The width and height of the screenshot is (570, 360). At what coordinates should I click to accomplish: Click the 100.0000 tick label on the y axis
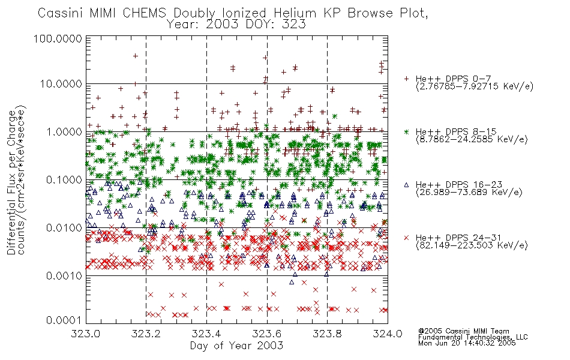coord(58,38)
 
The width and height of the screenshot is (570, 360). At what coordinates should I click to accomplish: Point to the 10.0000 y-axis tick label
coord(61,84)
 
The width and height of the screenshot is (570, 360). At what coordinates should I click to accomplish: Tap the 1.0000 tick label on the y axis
coord(64,132)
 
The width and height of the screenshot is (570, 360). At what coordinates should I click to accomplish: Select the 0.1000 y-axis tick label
coord(64,180)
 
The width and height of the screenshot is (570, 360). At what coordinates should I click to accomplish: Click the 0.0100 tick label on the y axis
coord(64,228)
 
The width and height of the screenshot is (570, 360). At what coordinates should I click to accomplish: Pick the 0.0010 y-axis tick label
coord(64,276)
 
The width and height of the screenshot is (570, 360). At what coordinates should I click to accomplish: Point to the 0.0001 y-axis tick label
coord(64,320)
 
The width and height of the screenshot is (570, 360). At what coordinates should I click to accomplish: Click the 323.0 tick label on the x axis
coord(86,334)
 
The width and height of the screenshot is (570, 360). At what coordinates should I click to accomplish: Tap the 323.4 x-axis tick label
coord(206,334)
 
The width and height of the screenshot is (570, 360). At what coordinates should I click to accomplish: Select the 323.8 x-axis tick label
coord(327,334)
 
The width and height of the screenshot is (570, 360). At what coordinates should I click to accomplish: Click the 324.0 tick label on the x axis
coord(388,334)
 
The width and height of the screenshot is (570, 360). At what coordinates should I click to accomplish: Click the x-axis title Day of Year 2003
coord(236,345)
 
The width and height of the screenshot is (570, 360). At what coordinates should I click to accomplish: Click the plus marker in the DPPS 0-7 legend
coord(406,79)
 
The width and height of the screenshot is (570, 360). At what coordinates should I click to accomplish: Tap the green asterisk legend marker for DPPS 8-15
coord(406,131)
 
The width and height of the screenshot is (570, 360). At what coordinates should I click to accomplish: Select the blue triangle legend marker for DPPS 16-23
coord(406,185)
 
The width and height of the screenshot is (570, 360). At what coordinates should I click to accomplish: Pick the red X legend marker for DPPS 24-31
coord(406,238)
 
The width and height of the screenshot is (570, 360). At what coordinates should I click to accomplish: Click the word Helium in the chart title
coord(295,13)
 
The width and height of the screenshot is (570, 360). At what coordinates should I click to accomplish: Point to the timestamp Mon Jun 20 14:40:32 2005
coord(467,343)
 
